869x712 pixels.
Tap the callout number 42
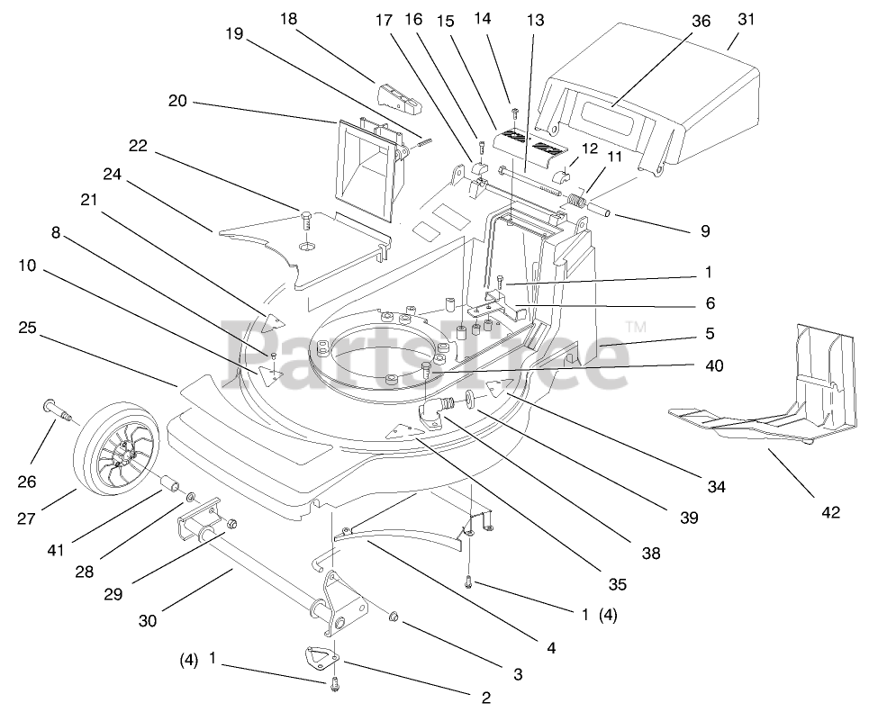pyautogui.click(x=829, y=512)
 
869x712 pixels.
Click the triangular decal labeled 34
pyautogui.click(x=501, y=387)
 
